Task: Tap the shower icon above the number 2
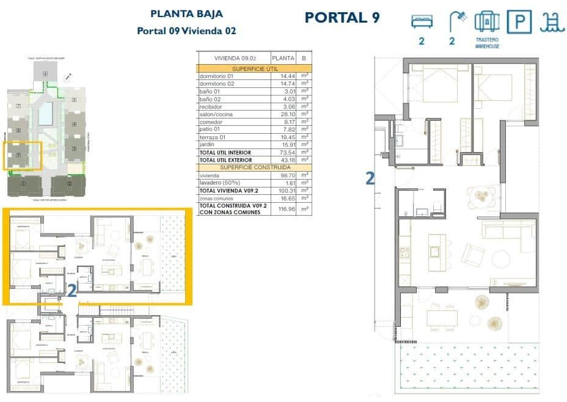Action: point(456,21)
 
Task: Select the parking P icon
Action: point(521,22)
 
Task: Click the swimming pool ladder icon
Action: point(552,22)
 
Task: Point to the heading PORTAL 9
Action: point(342,17)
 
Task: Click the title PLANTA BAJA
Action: point(186,13)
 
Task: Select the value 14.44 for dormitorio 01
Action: point(282,76)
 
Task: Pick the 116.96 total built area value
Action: point(282,208)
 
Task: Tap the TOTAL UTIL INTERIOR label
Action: point(225,152)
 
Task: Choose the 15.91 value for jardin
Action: point(282,145)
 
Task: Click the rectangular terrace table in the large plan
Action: point(442,318)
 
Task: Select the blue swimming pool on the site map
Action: point(45,113)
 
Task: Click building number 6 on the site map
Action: point(45,74)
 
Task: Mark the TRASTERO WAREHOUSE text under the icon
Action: point(487,43)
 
